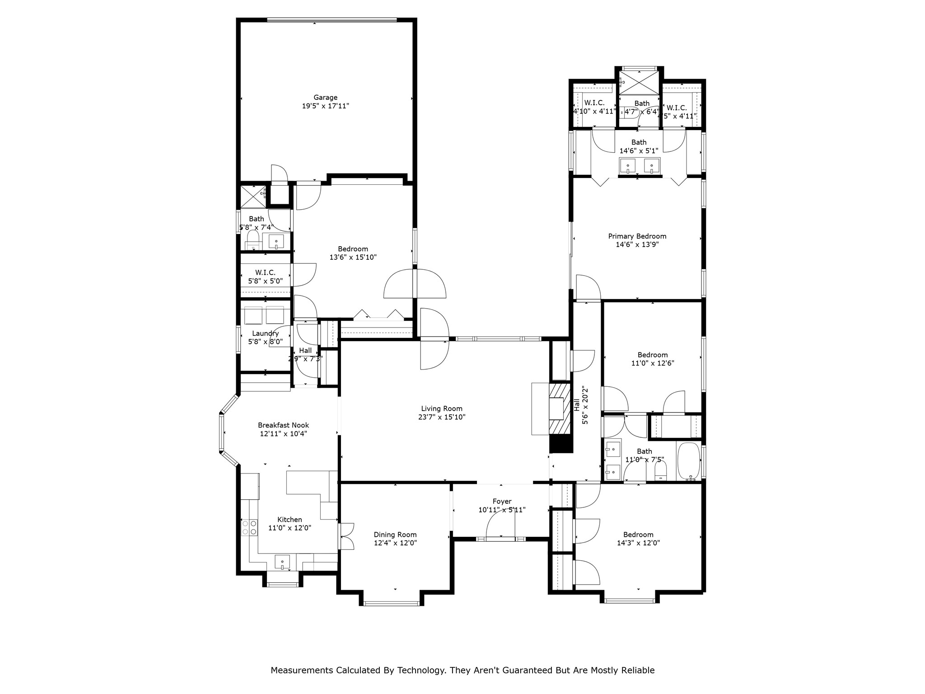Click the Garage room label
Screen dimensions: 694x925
[x=325, y=98]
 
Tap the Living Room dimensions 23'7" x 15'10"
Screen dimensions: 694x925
[x=441, y=417]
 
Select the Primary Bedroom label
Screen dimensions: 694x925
[x=637, y=236]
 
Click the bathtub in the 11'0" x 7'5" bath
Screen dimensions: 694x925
[x=688, y=461]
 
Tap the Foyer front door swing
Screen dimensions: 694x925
[x=500, y=524]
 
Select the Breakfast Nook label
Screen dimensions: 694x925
[x=283, y=425]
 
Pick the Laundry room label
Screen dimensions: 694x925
[x=265, y=333]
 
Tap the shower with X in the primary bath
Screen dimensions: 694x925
[x=639, y=82]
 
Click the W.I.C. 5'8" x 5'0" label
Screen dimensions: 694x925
[x=265, y=272]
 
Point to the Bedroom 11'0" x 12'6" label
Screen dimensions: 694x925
[x=652, y=355]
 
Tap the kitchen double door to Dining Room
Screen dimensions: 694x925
[x=346, y=536]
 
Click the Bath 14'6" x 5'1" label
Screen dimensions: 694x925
[x=639, y=142]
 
